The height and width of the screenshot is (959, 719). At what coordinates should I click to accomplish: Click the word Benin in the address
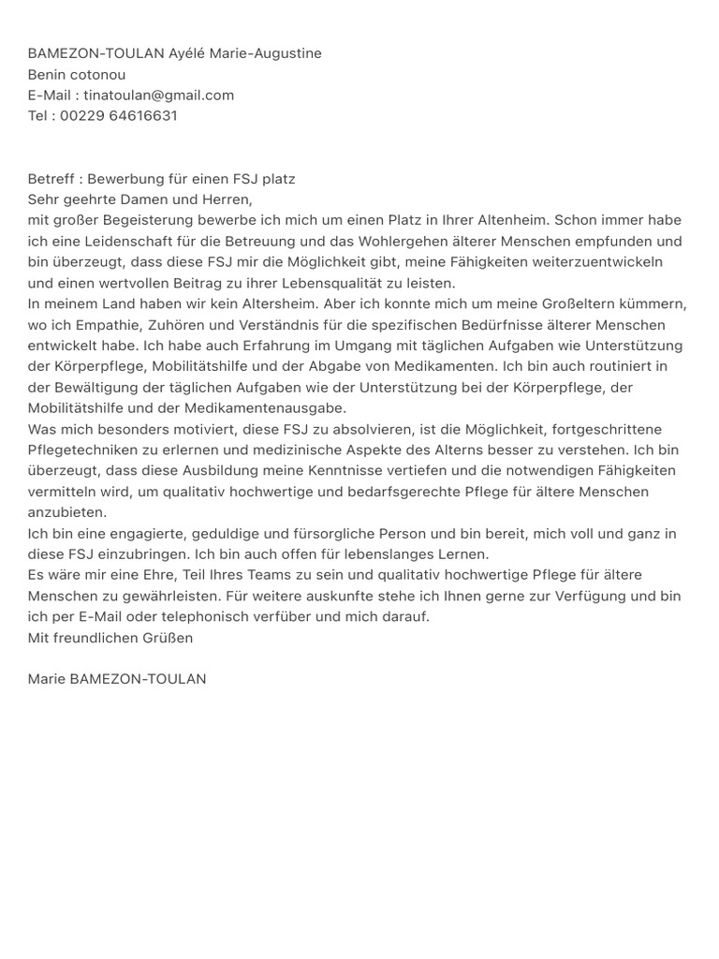coord(46,75)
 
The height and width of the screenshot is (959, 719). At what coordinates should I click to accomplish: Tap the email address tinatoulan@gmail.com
coord(158,96)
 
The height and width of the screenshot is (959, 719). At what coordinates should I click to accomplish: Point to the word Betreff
coord(50,179)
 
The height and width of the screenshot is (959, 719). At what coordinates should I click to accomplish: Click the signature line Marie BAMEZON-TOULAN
coord(117,679)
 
